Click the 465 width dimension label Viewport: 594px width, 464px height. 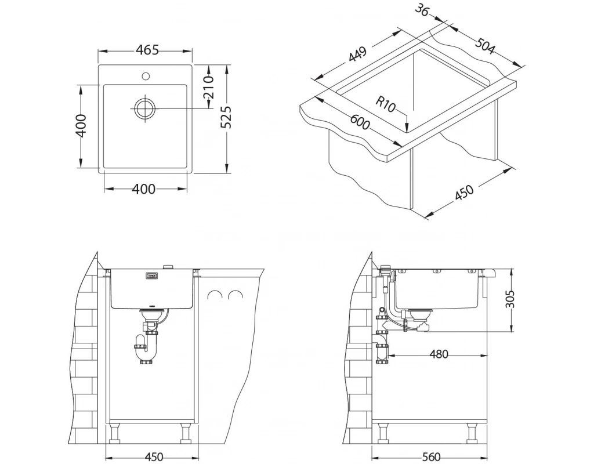[x=147, y=50]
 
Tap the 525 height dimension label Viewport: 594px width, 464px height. [x=226, y=117]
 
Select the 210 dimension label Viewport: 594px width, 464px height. [x=208, y=87]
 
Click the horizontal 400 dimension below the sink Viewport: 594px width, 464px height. [x=144, y=188]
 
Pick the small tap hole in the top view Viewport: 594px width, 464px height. [x=145, y=76]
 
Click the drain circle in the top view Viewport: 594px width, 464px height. [x=144, y=108]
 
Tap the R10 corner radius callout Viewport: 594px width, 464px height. [x=385, y=104]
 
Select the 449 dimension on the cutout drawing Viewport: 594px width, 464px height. [x=357, y=55]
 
